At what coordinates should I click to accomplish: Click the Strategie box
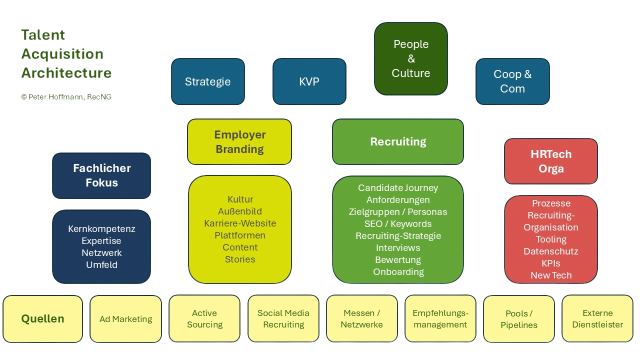pyautogui.click(x=207, y=81)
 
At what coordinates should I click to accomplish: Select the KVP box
pyautogui.click(x=309, y=81)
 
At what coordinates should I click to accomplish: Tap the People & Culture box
pyautogui.click(x=411, y=58)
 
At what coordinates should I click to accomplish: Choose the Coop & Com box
pyautogui.click(x=512, y=81)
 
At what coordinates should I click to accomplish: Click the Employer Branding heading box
pyautogui.click(x=239, y=141)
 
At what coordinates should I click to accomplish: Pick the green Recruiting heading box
pyautogui.click(x=398, y=141)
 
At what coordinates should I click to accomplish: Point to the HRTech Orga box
pyautogui.click(x=551, y=161)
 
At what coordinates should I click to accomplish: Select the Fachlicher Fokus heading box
pyautogui.click(x=101, y=175)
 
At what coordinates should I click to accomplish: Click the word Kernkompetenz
pyautogui.click(x=101, y=229)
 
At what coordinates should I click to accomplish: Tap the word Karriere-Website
pyautogui.click(x=240, y=223)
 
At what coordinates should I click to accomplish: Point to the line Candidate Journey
pyautogui.click(x=398, y=188)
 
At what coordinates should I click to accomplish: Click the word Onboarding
pyautogui.click(x=398, y=272)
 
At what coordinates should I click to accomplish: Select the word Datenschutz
pyautogui.click(x=551, y=251)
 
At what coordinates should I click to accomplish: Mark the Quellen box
pyautogui.click(x=42, y=318)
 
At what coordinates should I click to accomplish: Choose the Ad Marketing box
pyautogui.click(x=125, y=318)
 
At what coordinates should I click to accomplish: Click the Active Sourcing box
pyautogui.click(x=204, y=318)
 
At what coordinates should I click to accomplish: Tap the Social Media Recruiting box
pyautogui.click(x=283, y=318)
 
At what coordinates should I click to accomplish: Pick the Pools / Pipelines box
pyautogui.click(x=519, y=318)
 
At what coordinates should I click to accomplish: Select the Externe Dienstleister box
pyautogui.click(x=597, y=318)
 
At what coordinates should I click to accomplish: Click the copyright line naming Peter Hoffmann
pyautogui.click(x=66, y=97)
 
